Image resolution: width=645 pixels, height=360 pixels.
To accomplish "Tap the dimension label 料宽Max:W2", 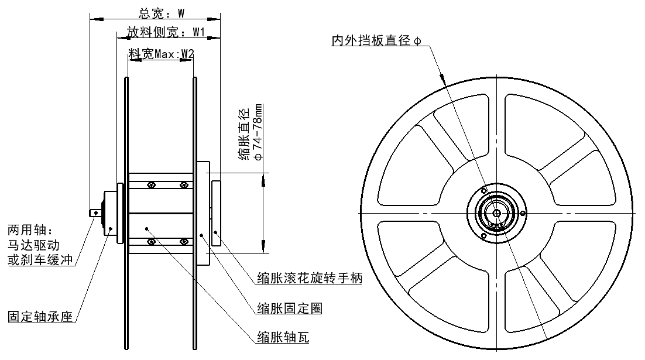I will click(162, 54).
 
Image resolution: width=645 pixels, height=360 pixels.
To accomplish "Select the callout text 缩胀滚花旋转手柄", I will click(310, 279).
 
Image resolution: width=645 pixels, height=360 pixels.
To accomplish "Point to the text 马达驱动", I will click(34, 244).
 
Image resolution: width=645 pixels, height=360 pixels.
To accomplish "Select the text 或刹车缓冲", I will click(40, 259).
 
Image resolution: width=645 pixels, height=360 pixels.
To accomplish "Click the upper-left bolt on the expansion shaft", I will click(151, 186).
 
